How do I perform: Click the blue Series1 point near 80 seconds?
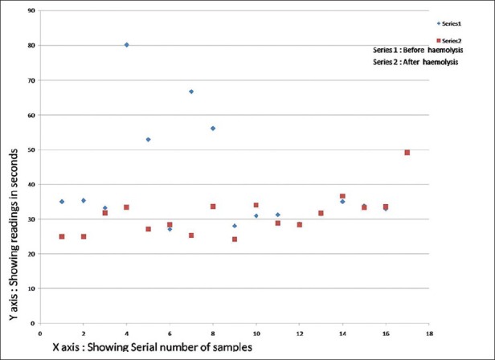pos(127,45)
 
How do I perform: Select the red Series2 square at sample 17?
pos(407,153)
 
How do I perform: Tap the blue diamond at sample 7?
pos(191,92)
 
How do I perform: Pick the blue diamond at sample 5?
pos(149,139)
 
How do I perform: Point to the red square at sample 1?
pos(62,236)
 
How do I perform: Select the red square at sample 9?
pos(235,239)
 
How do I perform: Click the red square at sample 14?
pos(342,196)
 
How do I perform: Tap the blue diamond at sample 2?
pos(84,200)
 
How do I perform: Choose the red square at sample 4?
pos(127,207)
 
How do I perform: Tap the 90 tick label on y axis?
pos(31,11)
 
